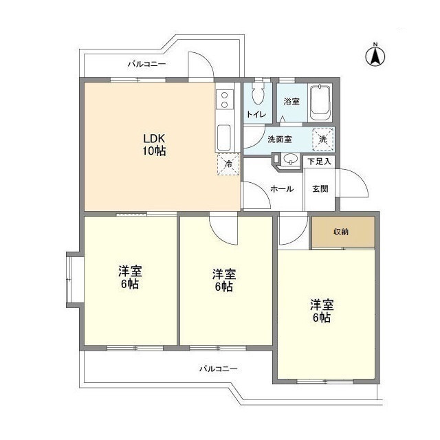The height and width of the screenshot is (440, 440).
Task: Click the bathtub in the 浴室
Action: pos(320,103)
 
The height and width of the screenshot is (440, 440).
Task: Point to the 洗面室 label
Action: pos(279,139)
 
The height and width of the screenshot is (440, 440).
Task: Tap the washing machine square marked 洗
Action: pos(322,138)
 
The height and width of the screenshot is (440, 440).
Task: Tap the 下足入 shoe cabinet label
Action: pos(320,162)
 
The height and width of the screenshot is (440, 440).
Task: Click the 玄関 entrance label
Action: pos(320,188)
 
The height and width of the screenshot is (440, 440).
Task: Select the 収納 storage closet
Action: pos(342,232)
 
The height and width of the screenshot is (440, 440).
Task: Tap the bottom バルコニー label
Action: pos(218,369)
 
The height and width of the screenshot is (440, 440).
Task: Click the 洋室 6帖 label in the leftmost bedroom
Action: pos(129,276)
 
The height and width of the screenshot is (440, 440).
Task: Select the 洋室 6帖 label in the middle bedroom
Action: pos(223,279)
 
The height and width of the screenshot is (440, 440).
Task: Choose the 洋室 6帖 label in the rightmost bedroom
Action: pos(321,310)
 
